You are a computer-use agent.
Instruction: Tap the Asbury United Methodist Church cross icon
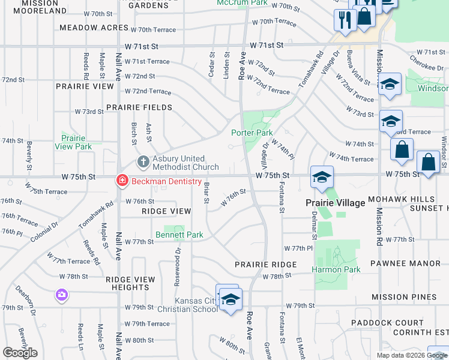pos(143,161)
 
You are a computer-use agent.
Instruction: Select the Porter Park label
pos(252,133)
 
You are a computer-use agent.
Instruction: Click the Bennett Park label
pos(179,235)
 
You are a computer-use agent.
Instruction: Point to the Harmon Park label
pos(336,269)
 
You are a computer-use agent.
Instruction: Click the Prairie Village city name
pos(336,203)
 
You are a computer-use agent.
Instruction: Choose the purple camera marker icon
pos(62,295)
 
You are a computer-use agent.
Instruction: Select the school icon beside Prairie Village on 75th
pos(322,177)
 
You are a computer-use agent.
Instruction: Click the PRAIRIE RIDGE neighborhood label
pos(265,264)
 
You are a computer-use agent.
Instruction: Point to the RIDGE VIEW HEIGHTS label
pos(130,283)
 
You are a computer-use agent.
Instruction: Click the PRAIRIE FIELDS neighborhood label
pos(139,107)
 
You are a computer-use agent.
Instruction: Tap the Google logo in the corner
pos(20,353)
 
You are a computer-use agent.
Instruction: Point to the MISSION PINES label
pos(403,297)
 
